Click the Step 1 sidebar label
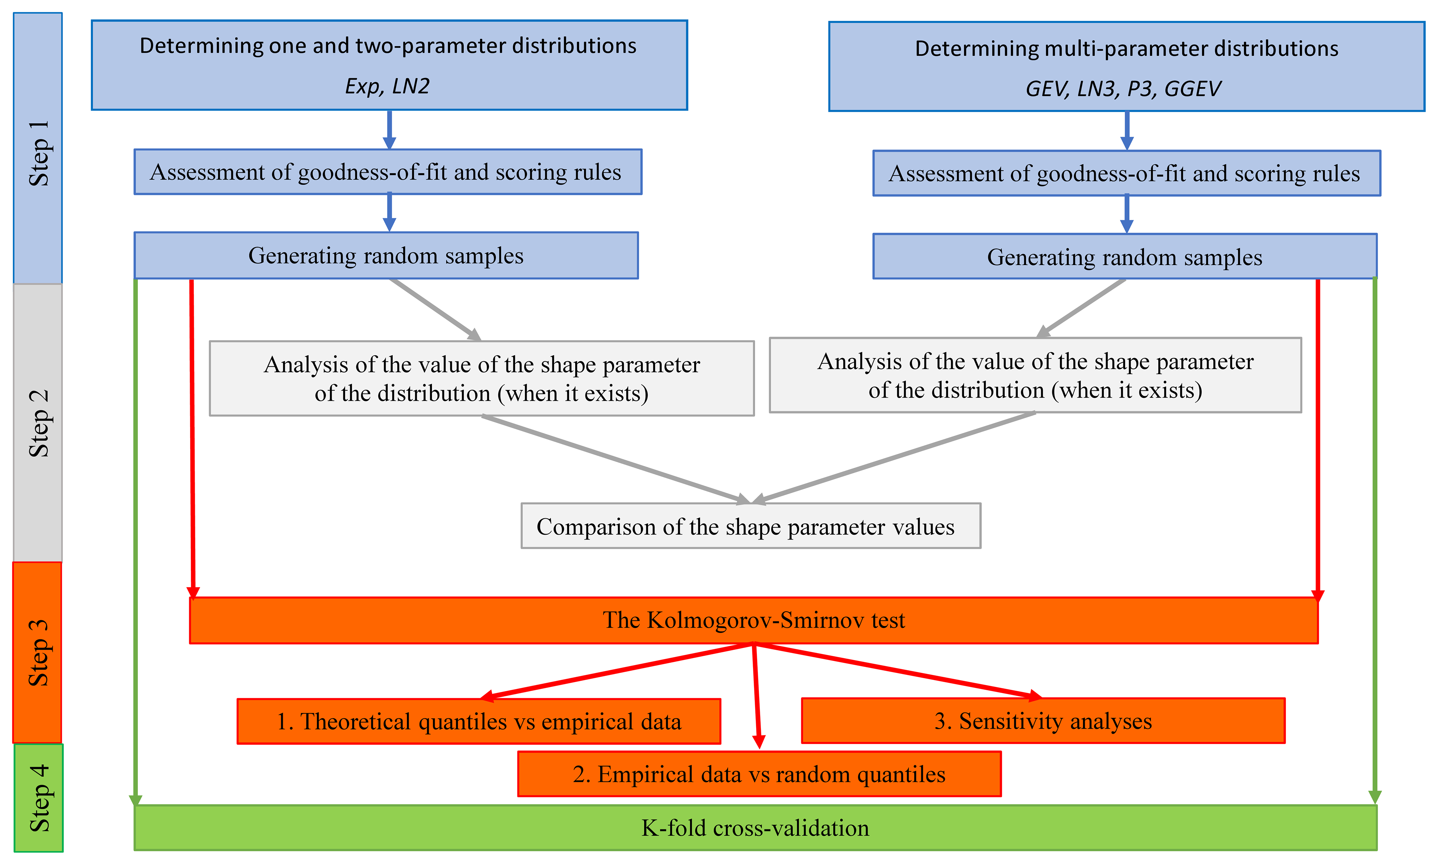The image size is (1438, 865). pos(38,153)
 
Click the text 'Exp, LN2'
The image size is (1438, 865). pos(387,86)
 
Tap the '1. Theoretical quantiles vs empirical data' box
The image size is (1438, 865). pos(478,722)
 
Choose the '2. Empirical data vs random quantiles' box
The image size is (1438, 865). pos(759,774)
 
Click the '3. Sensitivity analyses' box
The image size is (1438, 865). pos(1043,721)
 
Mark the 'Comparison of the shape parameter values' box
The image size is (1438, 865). pos(751,526)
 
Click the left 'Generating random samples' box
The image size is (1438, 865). pos(386,256)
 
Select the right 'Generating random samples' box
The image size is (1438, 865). pos(1124,257)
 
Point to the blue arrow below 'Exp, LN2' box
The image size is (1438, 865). pos(390,129)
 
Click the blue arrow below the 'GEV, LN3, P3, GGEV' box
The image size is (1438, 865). pos(1127,131)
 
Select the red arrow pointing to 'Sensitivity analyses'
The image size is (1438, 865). pos(898,670)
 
